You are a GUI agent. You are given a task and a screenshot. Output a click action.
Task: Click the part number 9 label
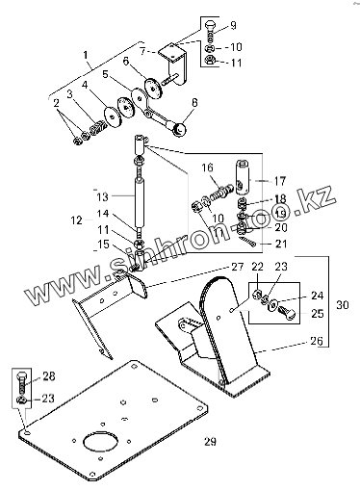[x=233, y=25]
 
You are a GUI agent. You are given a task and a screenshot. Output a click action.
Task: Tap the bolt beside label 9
[x=209, y=31]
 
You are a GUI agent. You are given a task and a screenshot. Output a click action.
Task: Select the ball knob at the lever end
[x=180, y=129]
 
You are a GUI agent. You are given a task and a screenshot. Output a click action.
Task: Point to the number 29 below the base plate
[x=210, y=441]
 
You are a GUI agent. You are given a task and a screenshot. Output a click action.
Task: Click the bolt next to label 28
[x=21, y=383]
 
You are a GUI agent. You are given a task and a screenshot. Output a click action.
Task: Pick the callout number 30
[x=343, y=304]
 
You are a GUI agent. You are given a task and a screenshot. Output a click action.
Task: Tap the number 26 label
[x=317, y=341]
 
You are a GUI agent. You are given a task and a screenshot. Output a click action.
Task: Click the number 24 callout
[x=317, y=295]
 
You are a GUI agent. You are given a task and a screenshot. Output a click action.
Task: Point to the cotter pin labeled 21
[x=247, y=242]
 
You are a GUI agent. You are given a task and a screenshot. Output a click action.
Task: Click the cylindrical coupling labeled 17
[x=243, y=177]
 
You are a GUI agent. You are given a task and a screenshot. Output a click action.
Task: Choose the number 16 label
[x=208, y=168]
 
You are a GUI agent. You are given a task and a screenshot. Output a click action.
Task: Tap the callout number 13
[x=103, y=196]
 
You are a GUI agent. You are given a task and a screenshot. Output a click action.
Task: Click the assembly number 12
[x=76, y=220]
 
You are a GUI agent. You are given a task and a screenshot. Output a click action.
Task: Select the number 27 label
[x=238, y=267]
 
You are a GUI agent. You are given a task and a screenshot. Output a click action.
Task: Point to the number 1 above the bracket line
[x=86, y=55]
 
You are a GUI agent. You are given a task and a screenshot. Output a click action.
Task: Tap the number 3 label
[x=69, y=94]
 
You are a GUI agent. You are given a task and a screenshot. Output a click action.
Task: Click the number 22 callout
[x=257, y=267]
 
